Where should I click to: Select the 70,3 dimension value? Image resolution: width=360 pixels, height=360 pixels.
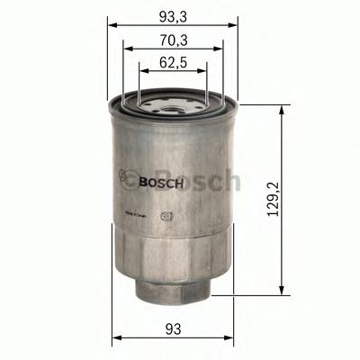(173, 38)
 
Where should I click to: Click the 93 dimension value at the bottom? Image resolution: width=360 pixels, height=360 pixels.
(173, 330)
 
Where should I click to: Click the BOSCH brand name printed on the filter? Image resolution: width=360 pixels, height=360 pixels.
(163, 182)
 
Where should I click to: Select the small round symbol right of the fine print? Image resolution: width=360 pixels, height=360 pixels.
(166, 216)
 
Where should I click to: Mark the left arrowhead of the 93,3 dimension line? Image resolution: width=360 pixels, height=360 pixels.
(112, 25)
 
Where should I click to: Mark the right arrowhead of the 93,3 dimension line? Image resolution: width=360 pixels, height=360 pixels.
(234, 25)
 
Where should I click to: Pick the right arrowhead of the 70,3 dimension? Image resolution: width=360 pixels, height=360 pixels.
(219, 48)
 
